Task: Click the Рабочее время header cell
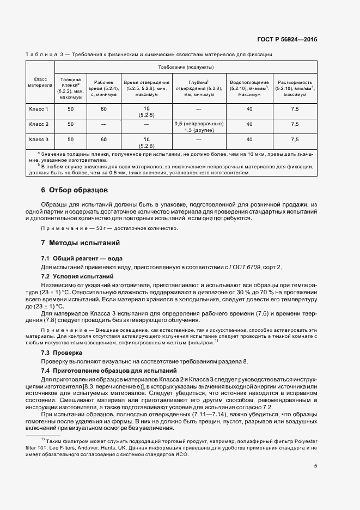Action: tap(103, 88)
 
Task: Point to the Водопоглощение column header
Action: tap(249, 88)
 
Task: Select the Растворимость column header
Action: tap(295, 88)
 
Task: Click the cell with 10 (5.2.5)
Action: tap(146, 112)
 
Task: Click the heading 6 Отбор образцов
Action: tap(75, 190)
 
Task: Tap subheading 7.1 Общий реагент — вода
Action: tap(82, 258)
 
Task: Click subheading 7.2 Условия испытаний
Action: tap(77, 277)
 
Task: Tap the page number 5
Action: tap(315, 466)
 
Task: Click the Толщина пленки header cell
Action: tap(71, 88)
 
